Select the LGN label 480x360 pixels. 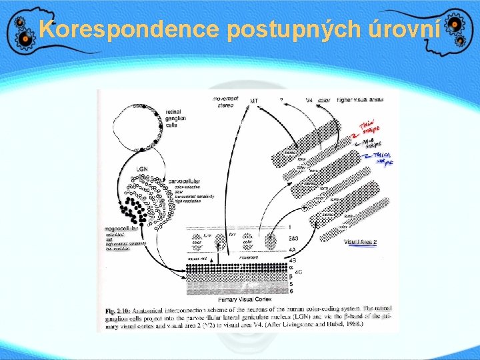click(x=143, y=169)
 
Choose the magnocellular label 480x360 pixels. click(x=121, y=229)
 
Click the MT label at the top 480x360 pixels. click(x=254, y=101)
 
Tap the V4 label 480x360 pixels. click(x=308, y=101)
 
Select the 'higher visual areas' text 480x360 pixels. click(x=359, y=100)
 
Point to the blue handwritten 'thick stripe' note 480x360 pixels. click(x=379, y=158)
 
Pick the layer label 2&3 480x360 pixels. click(x=294, y=238)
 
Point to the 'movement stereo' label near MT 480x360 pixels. click(x=226, y=101)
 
